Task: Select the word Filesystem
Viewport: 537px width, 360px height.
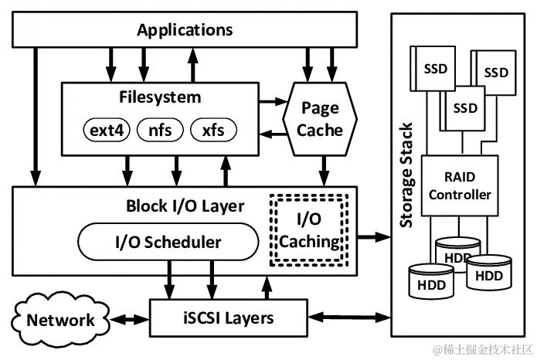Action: (x=160, y=97)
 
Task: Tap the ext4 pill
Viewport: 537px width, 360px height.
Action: (x=107, y=130)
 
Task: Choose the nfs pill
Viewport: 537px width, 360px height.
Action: (x=160, y=130)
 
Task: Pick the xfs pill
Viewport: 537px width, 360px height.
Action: (x=212, y=130)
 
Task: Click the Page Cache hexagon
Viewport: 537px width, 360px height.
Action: (x=320, y=119)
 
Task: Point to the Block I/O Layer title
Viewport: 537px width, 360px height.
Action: (x=185, y=206)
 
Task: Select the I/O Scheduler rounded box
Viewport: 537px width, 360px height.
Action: (x=168, y=242)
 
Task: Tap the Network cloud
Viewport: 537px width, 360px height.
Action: (x=60, y=319)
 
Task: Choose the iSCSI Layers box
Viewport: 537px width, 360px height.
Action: (x=227, y=318)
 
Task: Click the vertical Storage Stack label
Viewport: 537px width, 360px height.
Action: (x=407, y=175)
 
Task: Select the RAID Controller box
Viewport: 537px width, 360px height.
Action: (x=460, y=185)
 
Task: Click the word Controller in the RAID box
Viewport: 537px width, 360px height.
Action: (x=460, y=195)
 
